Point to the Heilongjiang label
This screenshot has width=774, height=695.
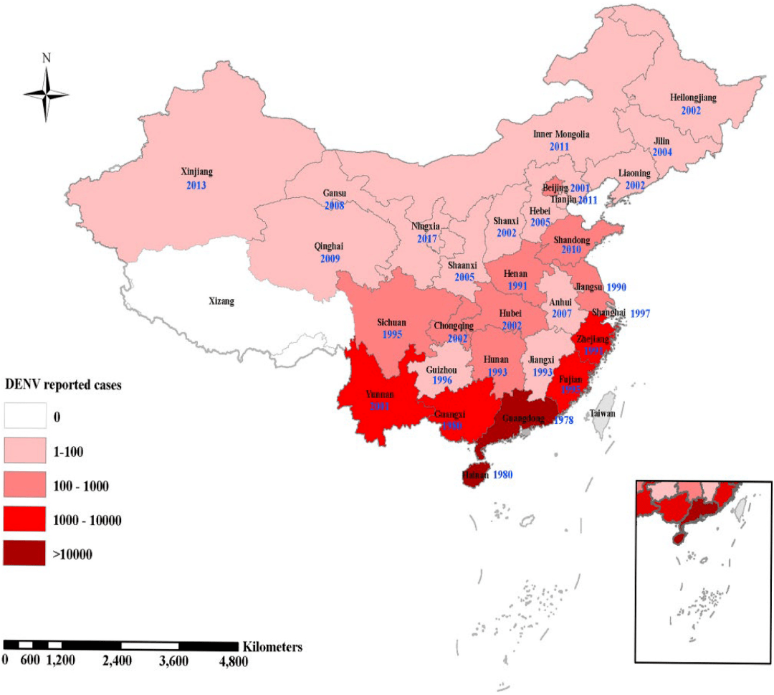coord(692,97)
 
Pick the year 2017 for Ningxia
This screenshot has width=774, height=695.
coord(428,237)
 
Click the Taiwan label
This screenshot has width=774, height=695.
coord(602,414)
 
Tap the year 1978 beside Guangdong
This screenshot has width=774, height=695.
coord(563,420)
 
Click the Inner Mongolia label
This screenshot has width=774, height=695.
coord(561,134)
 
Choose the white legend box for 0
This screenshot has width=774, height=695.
coord(25,417)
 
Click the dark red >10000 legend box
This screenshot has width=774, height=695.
coord(25,554)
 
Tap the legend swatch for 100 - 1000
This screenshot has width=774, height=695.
coord(25,486)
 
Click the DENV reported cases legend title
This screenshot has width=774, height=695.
coord(63,385)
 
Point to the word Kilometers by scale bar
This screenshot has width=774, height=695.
coord(272,646)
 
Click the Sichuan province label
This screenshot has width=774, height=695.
coord(391,323)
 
